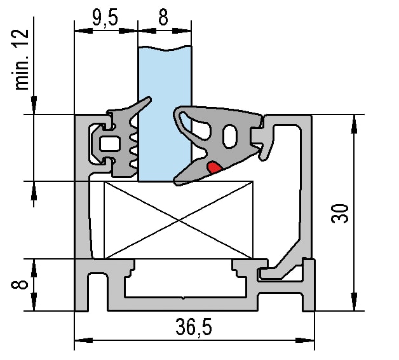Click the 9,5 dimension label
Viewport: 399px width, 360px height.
pyautogui.click(x=105, y=18)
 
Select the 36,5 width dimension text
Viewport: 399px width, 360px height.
pyautogui.click(x=194, y=328)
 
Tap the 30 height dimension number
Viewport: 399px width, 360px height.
pyautogui.click(x=340, y=213)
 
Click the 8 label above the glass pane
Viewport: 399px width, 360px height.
pyautogui.click(x=163, y=18)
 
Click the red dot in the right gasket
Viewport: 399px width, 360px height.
pyautogui.click(x=214, y=167)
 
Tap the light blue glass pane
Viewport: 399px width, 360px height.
pyautogui.click(x=165, y=114)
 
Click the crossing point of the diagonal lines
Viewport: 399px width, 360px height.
pyautogui.click(x=179, y=220)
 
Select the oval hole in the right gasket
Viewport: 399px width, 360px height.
pyautogui.click(x=230, y=136)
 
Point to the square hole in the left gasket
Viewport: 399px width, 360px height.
pyautogui.click(x=109, y=144)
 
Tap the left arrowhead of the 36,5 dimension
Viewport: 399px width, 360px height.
pyautogui.click(x=83, y=340)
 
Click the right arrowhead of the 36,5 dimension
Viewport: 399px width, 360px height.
pyautogui.click(x=305, y=340)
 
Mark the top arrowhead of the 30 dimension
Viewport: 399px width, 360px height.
pyautogui.click(x=354, y=124)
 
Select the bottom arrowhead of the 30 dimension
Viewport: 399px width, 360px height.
pyautogui.click(x=354, y=301)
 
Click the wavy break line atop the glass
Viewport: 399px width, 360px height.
pyautogui.click(x=165, y=48)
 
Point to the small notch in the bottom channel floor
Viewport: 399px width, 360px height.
pyautogui.click(x=184, y=298)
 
